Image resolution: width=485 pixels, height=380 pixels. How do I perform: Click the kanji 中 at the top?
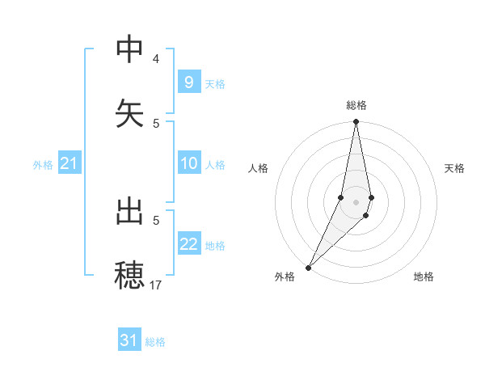click(129, 50)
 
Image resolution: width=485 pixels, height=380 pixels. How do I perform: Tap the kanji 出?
click(129, 212)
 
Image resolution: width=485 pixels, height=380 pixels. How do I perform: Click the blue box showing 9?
click(188, 82)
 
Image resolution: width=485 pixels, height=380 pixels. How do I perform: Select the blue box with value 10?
click(188, 163)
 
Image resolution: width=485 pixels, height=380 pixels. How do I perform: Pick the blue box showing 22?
click(188, 244)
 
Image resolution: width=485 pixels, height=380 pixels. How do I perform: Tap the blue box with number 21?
click(70, 164)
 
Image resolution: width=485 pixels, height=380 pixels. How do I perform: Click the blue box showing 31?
click(129, 340)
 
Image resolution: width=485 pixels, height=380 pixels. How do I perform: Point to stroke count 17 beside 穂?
click(156, 285)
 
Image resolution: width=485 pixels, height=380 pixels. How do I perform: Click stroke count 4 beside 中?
click(156, 59)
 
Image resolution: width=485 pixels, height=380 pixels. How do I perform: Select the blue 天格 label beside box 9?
click(215, 83)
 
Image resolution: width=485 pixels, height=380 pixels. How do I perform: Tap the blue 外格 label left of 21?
click(43, 165)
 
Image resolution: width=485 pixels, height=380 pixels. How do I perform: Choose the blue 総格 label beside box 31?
click(156, 342)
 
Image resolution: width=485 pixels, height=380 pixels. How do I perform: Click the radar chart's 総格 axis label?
click(356, 105)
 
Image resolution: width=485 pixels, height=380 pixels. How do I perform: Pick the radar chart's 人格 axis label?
click(259, 168)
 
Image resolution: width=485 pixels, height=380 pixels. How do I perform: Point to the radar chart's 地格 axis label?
click(424, 277)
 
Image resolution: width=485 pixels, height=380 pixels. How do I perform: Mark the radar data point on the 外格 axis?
click(308, 267)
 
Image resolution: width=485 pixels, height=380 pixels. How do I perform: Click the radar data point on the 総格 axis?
click(356, 122)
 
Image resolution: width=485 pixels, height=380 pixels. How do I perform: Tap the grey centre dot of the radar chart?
click(356, 202)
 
